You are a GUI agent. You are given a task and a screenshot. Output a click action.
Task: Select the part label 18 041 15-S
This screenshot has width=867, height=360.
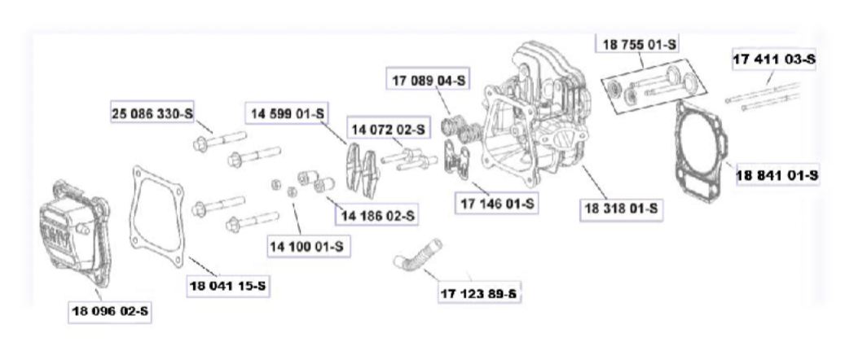pos(229,287)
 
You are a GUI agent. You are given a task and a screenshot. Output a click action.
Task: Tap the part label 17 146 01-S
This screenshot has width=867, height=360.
pos(497,202)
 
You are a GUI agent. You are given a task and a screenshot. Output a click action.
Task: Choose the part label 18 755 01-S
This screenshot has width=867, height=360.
pos(639,46)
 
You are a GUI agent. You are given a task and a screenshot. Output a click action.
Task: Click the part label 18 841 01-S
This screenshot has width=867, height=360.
pos(777,174)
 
